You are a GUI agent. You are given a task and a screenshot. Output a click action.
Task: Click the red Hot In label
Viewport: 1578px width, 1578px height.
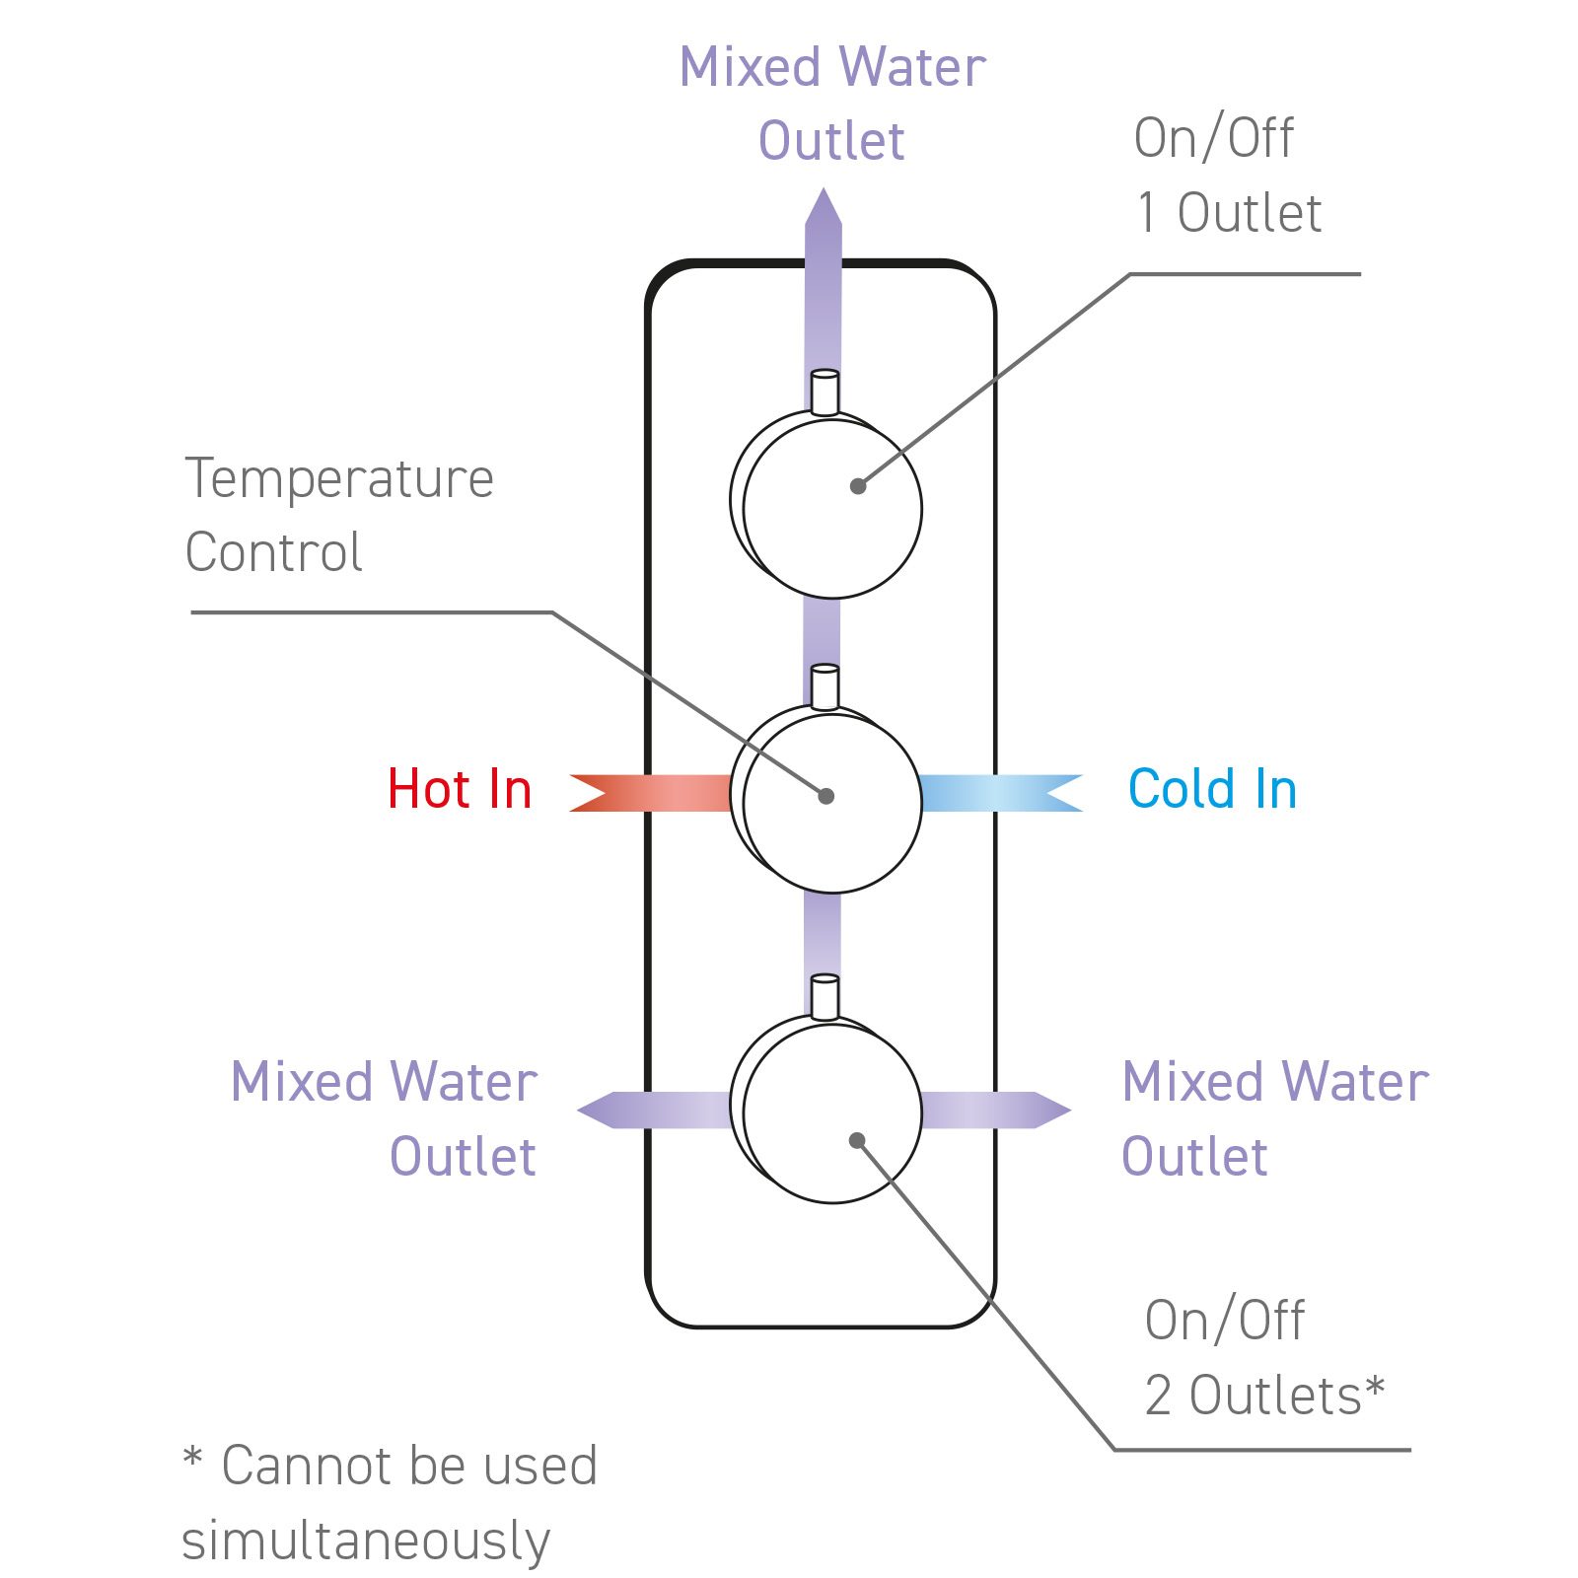[460, 789]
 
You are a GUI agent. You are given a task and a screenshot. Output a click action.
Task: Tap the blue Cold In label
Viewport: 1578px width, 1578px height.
[1212, 789]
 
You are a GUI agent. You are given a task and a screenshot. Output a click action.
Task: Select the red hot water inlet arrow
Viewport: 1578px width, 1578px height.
[651, 793]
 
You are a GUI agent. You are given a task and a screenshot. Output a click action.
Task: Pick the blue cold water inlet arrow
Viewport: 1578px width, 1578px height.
[1001, 793]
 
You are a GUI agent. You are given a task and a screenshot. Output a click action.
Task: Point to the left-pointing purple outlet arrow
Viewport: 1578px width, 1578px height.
[655, 1111]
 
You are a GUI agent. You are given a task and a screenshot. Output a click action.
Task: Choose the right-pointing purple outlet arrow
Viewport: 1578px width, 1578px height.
[996, 1111]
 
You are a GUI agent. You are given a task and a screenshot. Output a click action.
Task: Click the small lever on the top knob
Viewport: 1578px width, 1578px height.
[825, 392]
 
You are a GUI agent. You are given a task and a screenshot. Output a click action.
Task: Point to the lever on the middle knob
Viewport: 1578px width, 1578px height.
[825, 686]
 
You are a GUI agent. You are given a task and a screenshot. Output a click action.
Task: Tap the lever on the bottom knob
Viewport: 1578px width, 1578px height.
[825, 997]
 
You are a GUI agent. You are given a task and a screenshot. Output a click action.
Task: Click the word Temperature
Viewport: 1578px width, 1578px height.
[339, 479]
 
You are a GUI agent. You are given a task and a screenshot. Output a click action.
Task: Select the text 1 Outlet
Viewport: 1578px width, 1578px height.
[1229, 213]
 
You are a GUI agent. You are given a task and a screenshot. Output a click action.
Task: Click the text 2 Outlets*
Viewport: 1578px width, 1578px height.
[1264, 1395]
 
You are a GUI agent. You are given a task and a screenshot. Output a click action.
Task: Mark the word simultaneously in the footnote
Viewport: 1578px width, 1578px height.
[366, 1542]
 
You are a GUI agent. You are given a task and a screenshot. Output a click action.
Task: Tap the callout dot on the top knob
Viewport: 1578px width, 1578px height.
[858, 486]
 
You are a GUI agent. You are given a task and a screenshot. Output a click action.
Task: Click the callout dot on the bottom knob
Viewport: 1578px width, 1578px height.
[857, 1140]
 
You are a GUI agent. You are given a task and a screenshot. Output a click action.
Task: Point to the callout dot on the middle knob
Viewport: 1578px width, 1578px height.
[826, 796]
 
